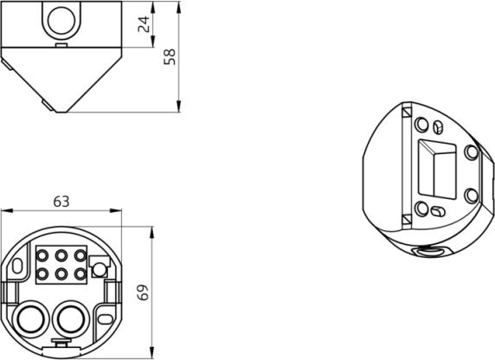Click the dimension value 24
click(x=144, y=24)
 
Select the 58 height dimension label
click(x=170, y=57)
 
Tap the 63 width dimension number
click(x=61, y=202)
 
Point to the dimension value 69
click(x=143, y=292)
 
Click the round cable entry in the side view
click(x=61, y=21)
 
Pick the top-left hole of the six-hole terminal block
click(x=42, y=255)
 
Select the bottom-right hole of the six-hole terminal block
click(x=80, y=274)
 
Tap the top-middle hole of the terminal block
click(x=61, y=255)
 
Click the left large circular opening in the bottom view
click(x=30, y=318)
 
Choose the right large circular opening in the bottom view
click(x=71, y=318)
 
